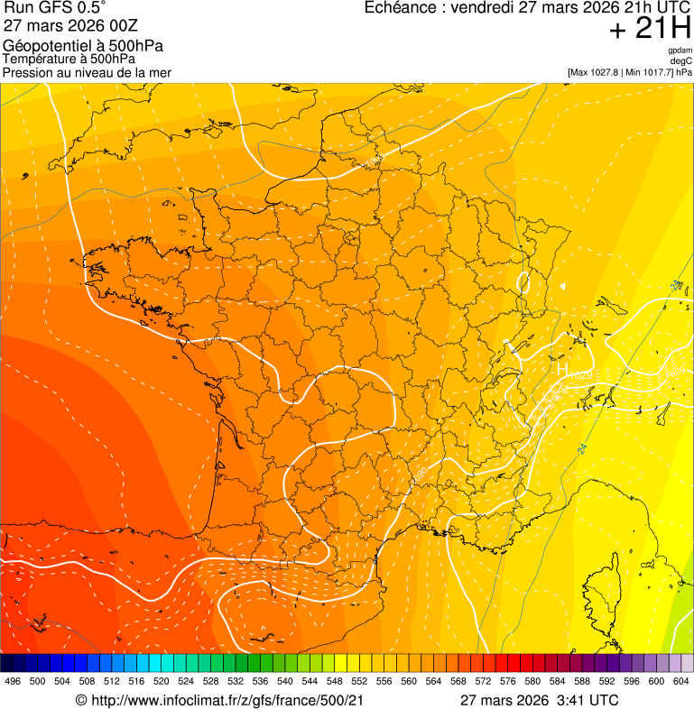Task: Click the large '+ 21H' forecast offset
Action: (650, 30)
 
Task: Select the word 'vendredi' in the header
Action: (487, 8)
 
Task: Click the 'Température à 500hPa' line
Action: (69, 59)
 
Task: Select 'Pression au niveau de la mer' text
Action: (87, 72)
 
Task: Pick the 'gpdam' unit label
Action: (680, 51)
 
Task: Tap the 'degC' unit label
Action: (682, 61)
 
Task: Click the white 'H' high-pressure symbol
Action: (562, 370)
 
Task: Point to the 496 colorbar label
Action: (13, 682)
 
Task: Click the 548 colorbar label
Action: (334, 682)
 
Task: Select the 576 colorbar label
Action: (508, 682)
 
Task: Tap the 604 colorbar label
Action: (680, 682)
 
